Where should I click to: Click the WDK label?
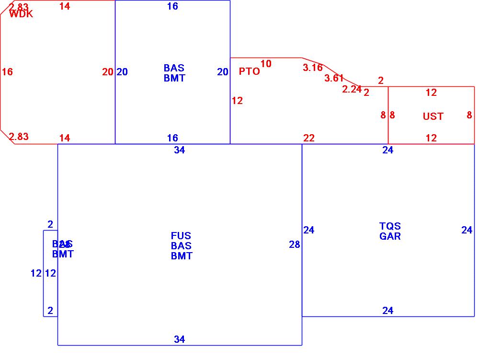pyautogui.click(x=21, y=14)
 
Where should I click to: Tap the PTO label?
pyautogui.click(x=249, y=71)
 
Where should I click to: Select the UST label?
pyautogui.click(x=433, y=116)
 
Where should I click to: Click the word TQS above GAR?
pyautogui.click(x=390, y=226)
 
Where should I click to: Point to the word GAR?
pyautogui.click(x=390, y=236)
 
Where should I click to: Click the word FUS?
pyautogui.click(x=181, y=235)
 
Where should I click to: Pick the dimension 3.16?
pyautogui.click(x=312, y=68)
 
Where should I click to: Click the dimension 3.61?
pyautogui.click(x=334, y=78)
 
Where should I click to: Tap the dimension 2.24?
pyautogui.click(x=352, y=89)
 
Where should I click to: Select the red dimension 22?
pyautogui.click(x=309, y=138)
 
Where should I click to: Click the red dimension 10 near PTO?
pyautogui.click(x=266, y=64)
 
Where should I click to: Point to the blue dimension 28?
pyautogui.click(x=295, y=244)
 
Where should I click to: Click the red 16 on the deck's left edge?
pyautogui.click(x=7, y=72)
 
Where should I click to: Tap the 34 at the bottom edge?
pyautogui.click(x=179, y=339)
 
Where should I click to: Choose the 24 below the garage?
pyautogui.click(x=388, y=311)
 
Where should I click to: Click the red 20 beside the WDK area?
pyautogui.click(x=108, y=72)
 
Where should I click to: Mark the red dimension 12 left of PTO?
pyautogui.click(x=237, y=101)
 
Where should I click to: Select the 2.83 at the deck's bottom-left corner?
pyautogui.click(x=19, y=137)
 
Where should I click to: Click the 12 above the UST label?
pyautogui.click(x=431, y=93)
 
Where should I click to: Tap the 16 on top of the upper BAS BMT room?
pyautogui.click(x=172, y=6)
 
